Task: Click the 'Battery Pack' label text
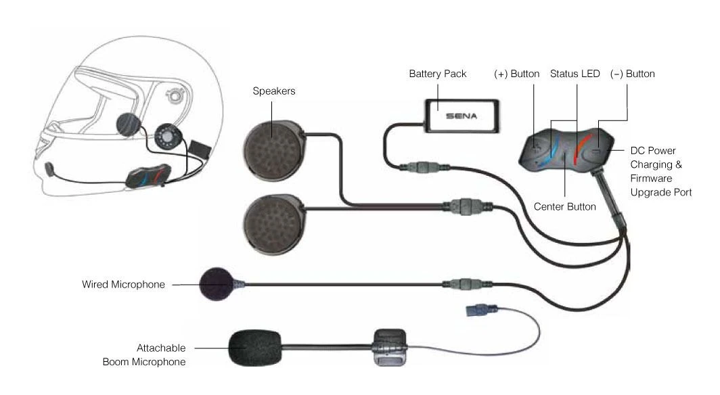coord(437,73)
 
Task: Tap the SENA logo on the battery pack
coord(461,116)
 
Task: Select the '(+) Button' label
coord(516,73)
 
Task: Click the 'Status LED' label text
coord(575,73)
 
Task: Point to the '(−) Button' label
coord(632,73)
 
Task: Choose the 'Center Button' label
coord(564,206)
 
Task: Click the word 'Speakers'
coord(274,91)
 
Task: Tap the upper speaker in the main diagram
coord(274,143)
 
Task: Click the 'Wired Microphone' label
coord(122,285)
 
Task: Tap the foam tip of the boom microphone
coord(254,348)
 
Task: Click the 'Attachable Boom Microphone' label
coord(143,355)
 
